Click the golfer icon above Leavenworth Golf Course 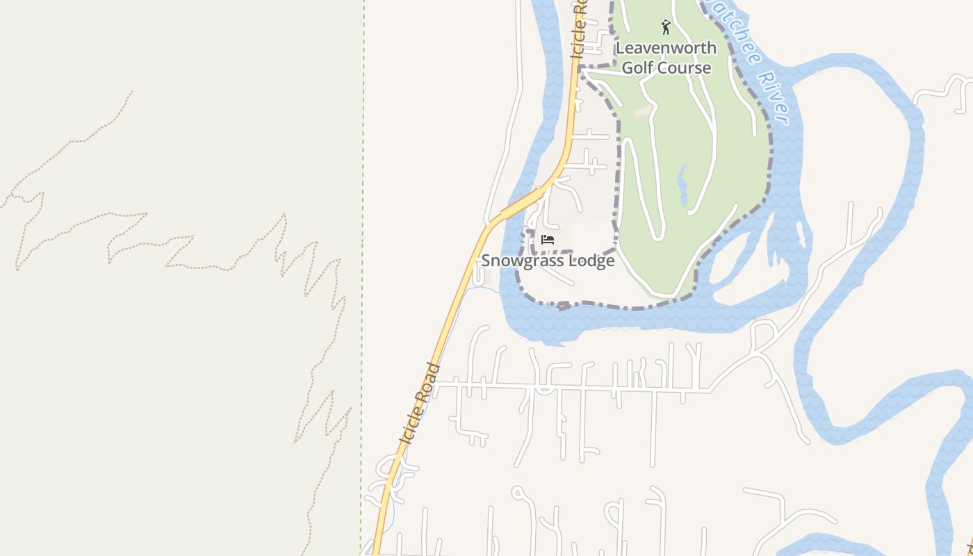(x=666, y=27)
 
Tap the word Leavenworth (x=666, y=48)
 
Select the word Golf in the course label (x=637, y=67)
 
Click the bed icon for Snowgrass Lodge (x=548, y=240)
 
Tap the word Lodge (x=591, y=261)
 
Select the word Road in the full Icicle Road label (x=430, y=380)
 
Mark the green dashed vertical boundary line (x=362, y=278)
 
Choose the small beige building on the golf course (x=643, y=111)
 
